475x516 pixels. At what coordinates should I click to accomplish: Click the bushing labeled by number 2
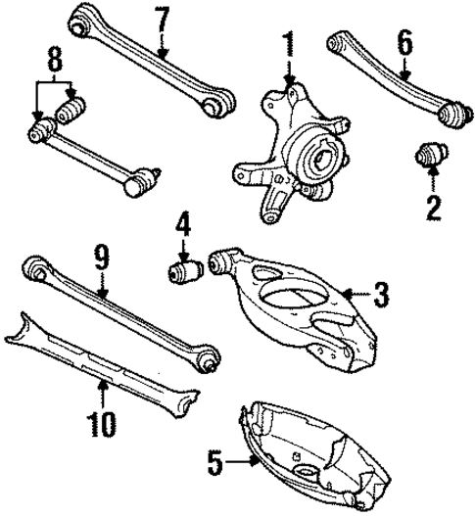click(430, 156)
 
